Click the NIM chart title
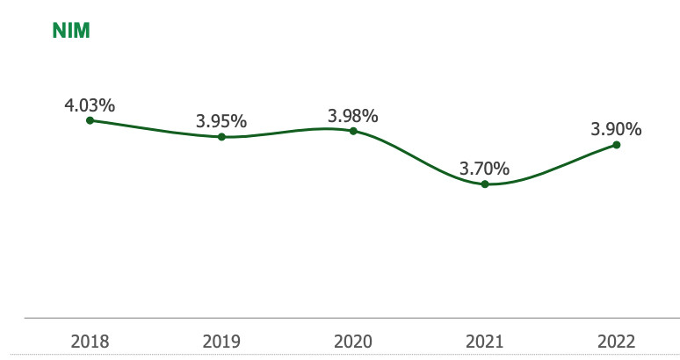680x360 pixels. [72, 32]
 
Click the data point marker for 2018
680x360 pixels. [90, 120]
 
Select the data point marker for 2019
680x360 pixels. [221, 137]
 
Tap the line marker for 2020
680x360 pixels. [353, 131]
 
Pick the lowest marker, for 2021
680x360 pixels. [485, 184]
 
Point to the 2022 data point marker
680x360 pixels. [616, 145]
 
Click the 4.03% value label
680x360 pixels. [90, 105]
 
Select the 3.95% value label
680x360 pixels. [221, 121]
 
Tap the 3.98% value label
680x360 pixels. [353, 115]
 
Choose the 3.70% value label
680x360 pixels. [485, 168]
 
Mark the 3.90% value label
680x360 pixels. [616, 129]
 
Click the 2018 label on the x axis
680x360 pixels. [90, 340]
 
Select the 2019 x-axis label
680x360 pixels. [221, 340]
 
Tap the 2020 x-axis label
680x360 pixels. [353, 340]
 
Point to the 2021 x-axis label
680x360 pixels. [485, 340]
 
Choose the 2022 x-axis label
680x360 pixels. [616, 340]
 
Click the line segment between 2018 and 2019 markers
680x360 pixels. [156, 130]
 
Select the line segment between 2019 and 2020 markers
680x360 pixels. [287, 132]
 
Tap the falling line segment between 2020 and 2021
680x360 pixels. [419, 160]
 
